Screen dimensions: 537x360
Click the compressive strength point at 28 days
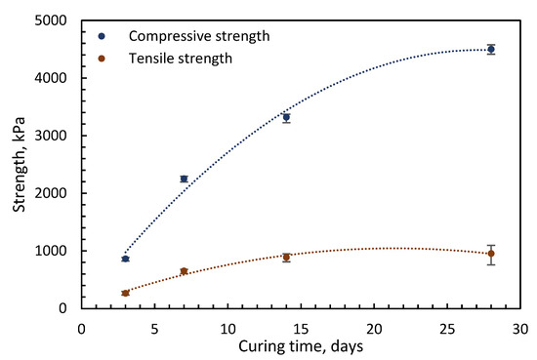click(491, 50)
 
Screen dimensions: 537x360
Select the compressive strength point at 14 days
click(286, 117)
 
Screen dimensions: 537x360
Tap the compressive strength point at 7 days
click(184, 179)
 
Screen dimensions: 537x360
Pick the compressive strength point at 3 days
click(125, 259)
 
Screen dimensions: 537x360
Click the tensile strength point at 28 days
click(491, 254)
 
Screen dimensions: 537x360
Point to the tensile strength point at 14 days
click(286, 258)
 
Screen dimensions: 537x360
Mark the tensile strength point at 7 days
click(184, 271)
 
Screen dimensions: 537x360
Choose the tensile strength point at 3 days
click(125, 294)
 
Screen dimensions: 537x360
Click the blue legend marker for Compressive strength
click(102, 36)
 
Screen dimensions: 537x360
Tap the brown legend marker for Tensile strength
click(102, 59)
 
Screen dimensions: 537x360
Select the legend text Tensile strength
click(181, 59)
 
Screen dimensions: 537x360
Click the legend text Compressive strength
click(199, 36)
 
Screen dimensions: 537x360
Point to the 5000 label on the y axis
click(51, 20)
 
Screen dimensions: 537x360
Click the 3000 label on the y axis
click(51, 136)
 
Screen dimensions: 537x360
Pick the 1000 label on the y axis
click(51, 251)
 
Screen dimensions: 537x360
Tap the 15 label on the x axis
click(301, 329)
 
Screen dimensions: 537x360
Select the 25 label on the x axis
click(447, 329)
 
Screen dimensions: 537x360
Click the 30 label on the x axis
click(520, 329)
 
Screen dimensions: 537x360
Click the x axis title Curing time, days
click(301, 346)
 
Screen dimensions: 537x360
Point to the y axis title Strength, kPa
click(20, 165)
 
